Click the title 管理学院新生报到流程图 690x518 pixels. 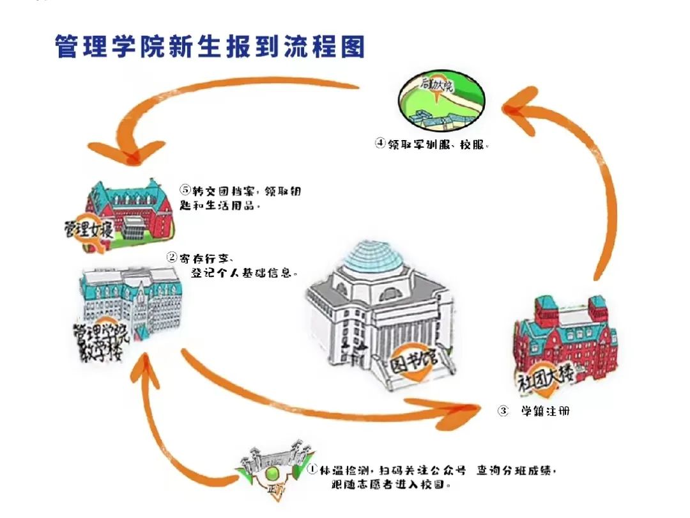(210, 47)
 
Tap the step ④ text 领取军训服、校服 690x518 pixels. (438, 145)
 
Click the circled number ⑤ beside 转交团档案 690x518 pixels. (186, 191)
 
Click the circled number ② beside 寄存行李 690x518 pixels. (172, 258)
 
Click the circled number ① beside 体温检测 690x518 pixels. (313, 470)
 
